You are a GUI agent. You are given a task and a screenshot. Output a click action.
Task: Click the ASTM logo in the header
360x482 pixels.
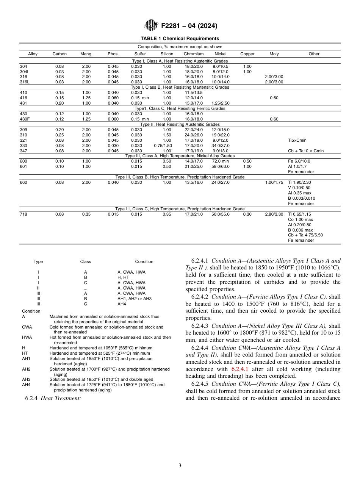[152, 26]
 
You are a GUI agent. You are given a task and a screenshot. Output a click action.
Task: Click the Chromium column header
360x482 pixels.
[193, 54]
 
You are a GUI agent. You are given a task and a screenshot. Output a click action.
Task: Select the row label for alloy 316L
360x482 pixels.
[25, 82]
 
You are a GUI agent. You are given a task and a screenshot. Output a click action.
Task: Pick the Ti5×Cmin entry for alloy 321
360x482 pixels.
[297, 140]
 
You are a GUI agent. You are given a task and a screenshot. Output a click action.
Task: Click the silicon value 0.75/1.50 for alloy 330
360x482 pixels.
[163, 146]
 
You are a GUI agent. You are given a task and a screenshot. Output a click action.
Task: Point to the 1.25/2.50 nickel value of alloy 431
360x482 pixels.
[220, 103]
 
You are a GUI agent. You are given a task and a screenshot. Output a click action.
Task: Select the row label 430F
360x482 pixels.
[24, 119]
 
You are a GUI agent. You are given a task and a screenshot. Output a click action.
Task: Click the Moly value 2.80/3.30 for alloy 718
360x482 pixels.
[274, 214]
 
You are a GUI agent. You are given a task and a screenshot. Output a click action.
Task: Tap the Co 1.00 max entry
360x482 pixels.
[300, 220]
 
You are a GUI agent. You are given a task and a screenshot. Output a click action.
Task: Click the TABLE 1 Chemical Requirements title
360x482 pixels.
[180, 39]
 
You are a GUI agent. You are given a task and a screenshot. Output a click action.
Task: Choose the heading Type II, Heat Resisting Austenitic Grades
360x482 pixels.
[180, 124]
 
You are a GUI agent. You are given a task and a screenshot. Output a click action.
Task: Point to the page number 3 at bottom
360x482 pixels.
[180, 466]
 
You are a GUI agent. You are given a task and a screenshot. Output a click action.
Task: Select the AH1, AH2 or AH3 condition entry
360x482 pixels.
[134, 299]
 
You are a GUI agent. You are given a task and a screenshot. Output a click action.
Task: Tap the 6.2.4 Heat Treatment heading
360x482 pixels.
[53, 398]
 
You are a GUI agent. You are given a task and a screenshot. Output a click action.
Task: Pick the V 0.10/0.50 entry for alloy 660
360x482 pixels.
[299, 188]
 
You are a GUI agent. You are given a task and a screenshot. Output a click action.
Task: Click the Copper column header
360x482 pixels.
[247, 54]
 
